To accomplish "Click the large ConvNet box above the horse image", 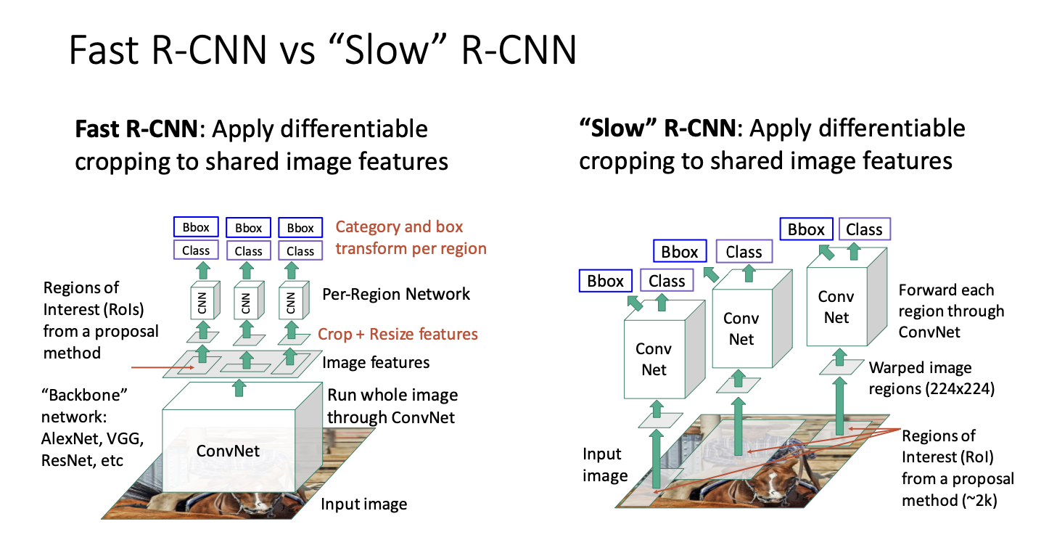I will pos(228,451).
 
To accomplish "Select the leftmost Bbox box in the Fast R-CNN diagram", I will pos(196,228).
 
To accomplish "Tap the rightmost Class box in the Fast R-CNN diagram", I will pos(300,251).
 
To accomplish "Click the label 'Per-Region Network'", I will pos(396,295).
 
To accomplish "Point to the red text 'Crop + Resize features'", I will pos(398,335).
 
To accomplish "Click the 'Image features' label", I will pos(376,362).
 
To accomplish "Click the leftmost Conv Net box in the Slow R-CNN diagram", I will pos(654,359).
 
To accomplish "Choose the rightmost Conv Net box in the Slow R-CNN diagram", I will pos(836,307).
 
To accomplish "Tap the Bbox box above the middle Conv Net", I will pos(680,252).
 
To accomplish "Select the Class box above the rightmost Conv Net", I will pos(864,229).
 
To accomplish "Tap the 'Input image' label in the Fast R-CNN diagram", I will pos(363,504).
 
